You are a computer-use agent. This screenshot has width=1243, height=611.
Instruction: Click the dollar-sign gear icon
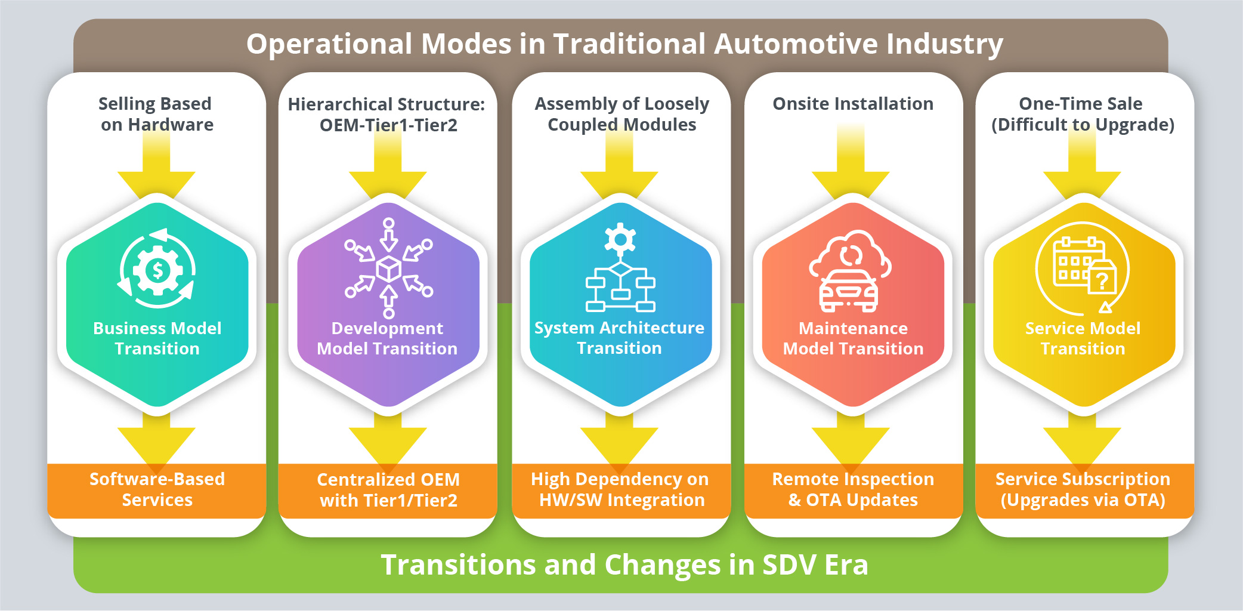157,270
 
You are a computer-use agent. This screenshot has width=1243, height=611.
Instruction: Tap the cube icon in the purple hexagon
389,269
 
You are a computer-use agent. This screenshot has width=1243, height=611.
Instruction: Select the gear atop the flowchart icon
620,239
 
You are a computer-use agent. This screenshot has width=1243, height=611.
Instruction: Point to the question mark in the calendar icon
1102,280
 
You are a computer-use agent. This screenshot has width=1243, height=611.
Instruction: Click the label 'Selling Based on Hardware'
156,114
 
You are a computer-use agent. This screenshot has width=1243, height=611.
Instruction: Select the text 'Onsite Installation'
853,104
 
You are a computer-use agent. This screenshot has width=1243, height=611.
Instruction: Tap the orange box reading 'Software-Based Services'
157,490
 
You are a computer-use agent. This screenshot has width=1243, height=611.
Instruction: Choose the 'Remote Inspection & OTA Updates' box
853,490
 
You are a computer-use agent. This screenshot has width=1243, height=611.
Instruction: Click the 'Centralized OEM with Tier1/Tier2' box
388,490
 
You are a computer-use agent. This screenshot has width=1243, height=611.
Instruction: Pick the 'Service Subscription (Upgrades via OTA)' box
1083,490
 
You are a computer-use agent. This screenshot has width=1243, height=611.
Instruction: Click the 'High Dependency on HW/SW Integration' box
620,490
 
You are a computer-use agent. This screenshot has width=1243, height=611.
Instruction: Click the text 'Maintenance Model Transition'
853,338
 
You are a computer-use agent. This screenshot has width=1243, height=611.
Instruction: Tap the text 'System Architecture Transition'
619,338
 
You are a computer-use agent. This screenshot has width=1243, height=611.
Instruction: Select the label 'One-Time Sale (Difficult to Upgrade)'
1083,114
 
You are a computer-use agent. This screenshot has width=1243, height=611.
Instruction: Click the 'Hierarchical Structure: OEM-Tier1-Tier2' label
387,115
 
